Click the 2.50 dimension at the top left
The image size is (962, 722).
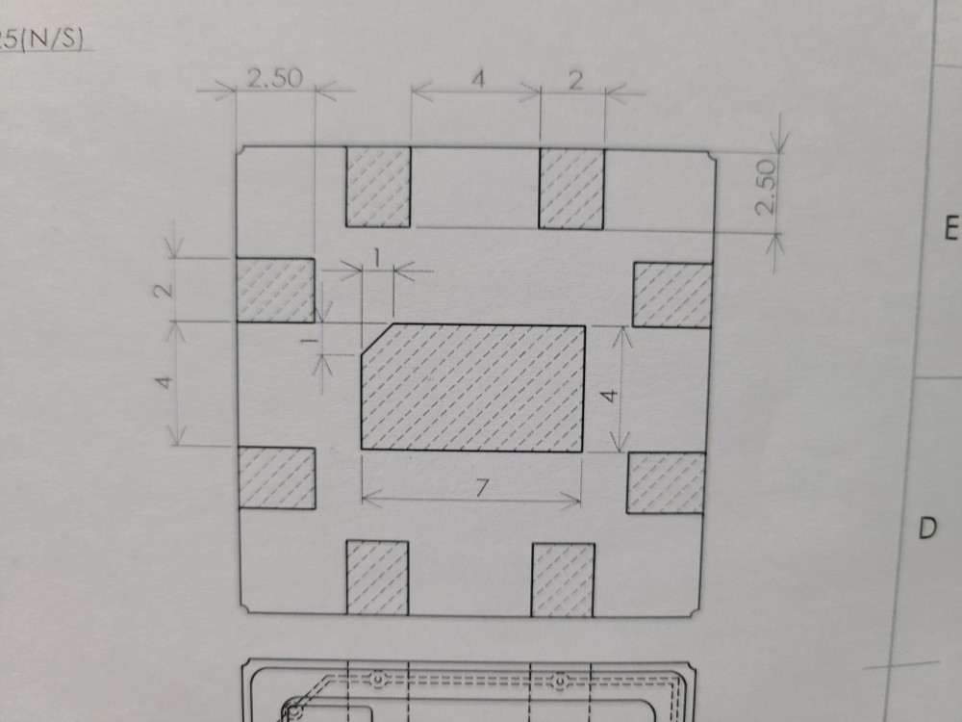click(274, 79)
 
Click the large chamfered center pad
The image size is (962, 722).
click(473, 388)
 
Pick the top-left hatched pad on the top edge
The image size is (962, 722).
click(378, 187)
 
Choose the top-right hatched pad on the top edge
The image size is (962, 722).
click(571, 189)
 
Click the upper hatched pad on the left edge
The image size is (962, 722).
click(276, 290)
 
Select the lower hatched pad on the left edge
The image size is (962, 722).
click(277, 478)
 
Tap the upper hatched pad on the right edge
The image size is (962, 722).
click(672, 295)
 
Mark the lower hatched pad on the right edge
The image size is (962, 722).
click(666, 482)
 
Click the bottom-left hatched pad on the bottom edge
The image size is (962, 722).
click(377, 578)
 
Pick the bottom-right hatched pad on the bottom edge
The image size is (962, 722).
click(563, 580)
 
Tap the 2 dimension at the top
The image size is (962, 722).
click(575, 81)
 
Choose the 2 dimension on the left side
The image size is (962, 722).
click(165, 289)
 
